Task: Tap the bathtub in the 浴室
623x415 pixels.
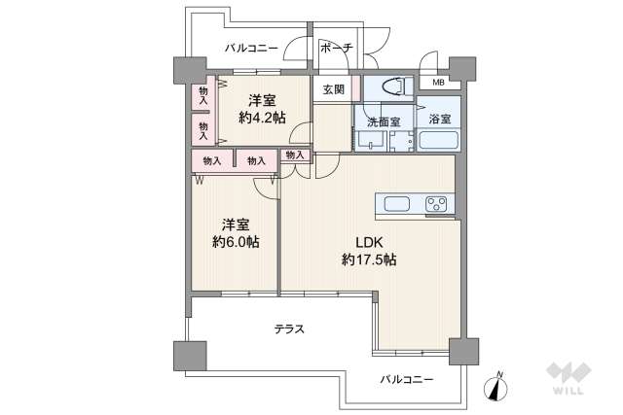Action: [439, 140]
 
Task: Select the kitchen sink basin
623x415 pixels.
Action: [396, 204]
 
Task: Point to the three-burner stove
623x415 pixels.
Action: [436, 204]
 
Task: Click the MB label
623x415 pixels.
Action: [438, 83]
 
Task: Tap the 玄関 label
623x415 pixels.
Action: [333, 90]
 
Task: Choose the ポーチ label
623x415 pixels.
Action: [336, 48]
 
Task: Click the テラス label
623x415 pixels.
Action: [290, 329]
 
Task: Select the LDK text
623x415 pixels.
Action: [369, 242]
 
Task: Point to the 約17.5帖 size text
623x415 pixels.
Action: [369, 259]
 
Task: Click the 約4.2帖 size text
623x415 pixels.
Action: [262, 118]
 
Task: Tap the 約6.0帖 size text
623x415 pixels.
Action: [236, 242]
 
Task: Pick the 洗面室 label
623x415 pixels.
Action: [383, 122]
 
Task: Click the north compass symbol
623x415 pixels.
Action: [495, 386]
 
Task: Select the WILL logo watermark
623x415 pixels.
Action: [568, 378]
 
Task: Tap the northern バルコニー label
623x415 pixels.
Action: [251, 49]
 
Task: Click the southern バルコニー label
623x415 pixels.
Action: [407, 379]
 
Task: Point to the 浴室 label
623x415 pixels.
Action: [439, 119]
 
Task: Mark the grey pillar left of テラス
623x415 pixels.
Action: [190, 356]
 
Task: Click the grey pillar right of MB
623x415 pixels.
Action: [462, 70]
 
